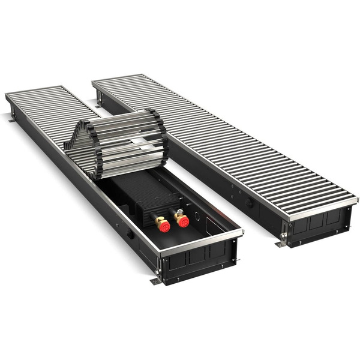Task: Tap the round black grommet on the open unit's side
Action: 130,235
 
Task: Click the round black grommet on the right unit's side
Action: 249,203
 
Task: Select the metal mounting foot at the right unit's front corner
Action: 280,243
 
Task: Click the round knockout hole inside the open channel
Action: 195,212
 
